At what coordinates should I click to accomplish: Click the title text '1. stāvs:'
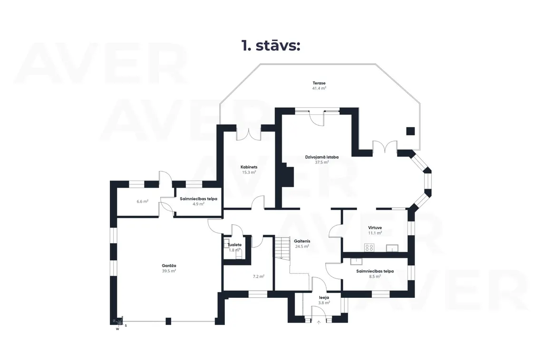coord(271,46)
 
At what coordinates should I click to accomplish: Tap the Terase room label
coord(319,83)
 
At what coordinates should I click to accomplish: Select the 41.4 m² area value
coord(319,88)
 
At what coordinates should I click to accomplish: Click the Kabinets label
coord(249,167)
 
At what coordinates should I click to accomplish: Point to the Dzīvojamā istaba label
coord(322,157)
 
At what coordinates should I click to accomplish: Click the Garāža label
coord(169,266)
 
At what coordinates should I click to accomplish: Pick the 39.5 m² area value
coord(169,271)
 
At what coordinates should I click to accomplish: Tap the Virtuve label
coord(375,228)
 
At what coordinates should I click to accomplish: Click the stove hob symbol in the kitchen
coord(369,247)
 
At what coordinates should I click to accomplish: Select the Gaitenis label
coord(302,241)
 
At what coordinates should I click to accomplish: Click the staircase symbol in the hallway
coord(282,247)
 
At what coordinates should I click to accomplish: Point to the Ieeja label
coord(324,297)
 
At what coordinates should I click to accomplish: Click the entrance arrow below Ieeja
coord(319,323)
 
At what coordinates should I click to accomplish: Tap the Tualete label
coord(234,245)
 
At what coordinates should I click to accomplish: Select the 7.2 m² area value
coord(259,276)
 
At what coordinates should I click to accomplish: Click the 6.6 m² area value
coord(143,201)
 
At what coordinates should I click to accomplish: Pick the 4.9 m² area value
coord(198,204)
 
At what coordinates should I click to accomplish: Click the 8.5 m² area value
coord(375,276)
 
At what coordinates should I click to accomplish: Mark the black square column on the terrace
coord(410,131)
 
